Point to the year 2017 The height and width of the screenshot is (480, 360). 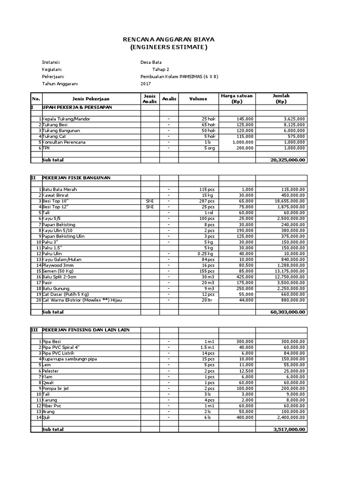click(x=146, y=84)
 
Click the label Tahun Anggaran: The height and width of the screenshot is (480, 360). click(x=60, y=84)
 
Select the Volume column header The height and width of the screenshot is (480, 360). click(x=197, y=99)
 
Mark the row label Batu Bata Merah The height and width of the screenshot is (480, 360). click(x=60, y=189)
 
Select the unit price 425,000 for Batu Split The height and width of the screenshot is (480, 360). click(x=244, y=277)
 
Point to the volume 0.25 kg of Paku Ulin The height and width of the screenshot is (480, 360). click(x=206, y=254)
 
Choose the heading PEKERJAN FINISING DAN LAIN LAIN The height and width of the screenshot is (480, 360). click(x=86, y=330)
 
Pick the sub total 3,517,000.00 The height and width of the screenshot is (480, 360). click(x=289, y=429)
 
